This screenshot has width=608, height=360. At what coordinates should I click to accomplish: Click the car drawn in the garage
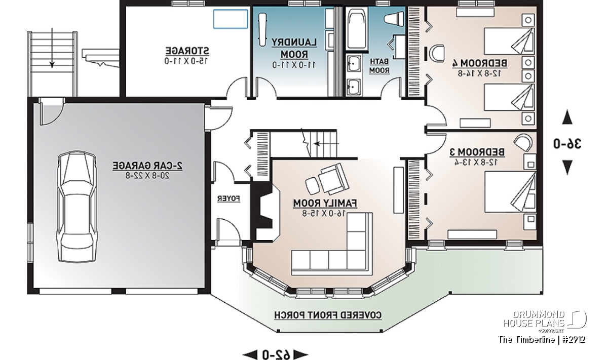click(x=77, y=207)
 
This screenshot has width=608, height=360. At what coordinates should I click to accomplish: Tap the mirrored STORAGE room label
click(x=187, y=51)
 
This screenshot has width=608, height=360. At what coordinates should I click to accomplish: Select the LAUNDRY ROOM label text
click(x=294, y=48)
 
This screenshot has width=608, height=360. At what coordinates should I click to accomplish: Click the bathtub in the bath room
click(x=357, y=28)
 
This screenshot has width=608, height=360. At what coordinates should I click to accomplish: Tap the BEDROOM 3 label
click(x=477, y=152)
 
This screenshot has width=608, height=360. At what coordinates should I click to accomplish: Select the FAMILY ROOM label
click(x=325, y=203)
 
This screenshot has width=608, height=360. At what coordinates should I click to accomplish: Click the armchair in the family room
click(x=333, y=179)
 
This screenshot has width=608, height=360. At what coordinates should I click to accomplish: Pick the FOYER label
click(x=229, y=199)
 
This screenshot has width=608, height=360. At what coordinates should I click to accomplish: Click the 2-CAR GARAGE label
click(x=147, y=166)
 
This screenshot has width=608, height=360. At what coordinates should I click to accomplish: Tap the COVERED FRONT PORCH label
click(x=328, y=315)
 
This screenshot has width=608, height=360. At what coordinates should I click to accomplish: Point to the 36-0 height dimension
click(x=567, y=143)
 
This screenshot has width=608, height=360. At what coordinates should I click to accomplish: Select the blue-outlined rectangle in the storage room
click(x=231, y=19)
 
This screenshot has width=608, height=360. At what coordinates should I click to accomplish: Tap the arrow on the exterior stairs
click(x=52, y=48)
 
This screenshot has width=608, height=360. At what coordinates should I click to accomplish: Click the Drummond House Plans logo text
click(x=534, y=319)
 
